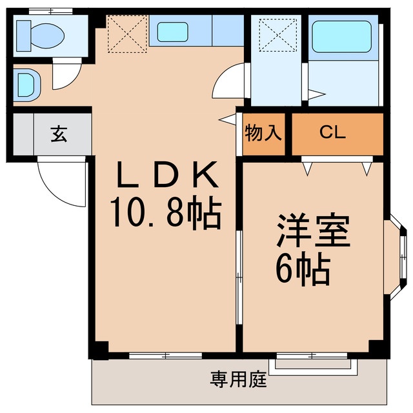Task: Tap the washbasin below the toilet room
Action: [x=26, y=83]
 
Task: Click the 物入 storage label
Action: [x=263, y=134]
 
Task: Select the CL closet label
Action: [x=333, y=134]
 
